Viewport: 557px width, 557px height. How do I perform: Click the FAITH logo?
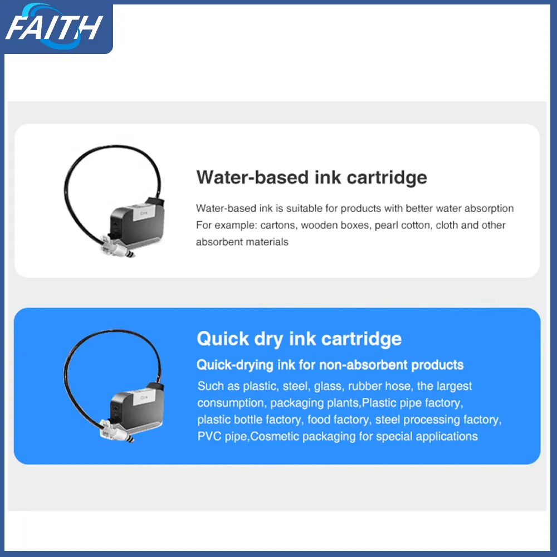[54, 27]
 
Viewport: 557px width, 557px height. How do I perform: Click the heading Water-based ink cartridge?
[311, 178]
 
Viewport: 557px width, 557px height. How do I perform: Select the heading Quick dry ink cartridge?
[299, 339]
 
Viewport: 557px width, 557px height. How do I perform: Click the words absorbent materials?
[242, 242]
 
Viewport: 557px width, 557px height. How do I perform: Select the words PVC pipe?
[222, 436]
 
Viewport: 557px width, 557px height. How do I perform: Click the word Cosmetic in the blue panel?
[275, 436]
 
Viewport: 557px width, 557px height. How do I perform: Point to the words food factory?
[338, 419]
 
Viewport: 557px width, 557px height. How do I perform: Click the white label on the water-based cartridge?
[144, 213]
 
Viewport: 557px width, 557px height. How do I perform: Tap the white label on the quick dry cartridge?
[144, 398]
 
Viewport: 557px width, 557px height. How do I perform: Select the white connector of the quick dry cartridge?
[113, 430]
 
